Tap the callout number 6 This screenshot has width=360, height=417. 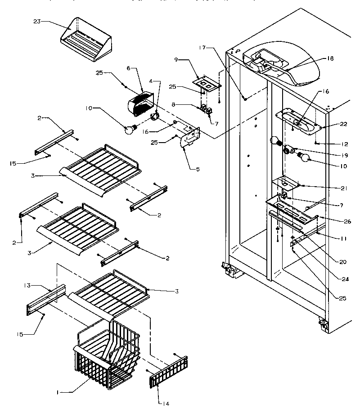pyautogui.click(x=129, y=68)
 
